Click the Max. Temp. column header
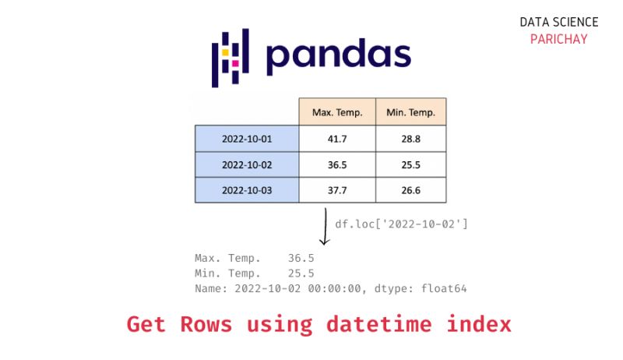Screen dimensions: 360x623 (337, 112)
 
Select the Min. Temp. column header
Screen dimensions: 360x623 (410, 112)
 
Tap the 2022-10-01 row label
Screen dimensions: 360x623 (246, 138)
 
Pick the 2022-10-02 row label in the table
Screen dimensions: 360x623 (246, 164)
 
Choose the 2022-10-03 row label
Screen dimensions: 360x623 (246, 190)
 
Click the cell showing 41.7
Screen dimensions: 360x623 (337, 138)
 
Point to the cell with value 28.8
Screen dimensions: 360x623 (410, 138)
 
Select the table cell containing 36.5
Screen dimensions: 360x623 (337, 164)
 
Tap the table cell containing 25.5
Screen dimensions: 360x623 (410, 164)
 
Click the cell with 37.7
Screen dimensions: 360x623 (337, 190)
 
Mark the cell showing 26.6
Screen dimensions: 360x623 (410, 190)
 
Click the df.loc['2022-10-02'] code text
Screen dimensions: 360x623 (401, 224)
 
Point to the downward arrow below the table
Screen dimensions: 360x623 (324, 226)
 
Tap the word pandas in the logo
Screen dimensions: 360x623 (337, 56)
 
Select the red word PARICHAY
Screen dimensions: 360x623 (558, 39)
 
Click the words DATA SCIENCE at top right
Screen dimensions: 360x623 (558, 23)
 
